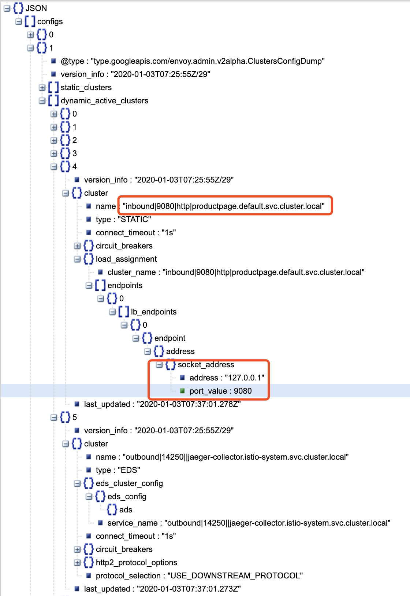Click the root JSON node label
coord(36,8)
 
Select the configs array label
coord(50,22)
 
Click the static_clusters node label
coord(86,88)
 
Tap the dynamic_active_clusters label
coord(104,101)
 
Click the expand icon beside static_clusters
coord(42,88)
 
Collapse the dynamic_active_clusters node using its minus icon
coord(42,101)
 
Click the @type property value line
coord(193,61)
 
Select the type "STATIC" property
coord(123,220)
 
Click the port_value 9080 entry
coord(220,391)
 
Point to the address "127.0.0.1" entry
coord(227,378)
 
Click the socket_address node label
coord(206,365)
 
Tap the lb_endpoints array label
coord(153,312)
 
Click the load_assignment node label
coord(126,259)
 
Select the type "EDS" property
coord(118,470)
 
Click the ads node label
coord(126,510)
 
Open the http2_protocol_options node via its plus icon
coord(77,563)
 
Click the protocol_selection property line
coord(199,576)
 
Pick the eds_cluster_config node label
coord(129,483)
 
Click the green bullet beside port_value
coord(182,391)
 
